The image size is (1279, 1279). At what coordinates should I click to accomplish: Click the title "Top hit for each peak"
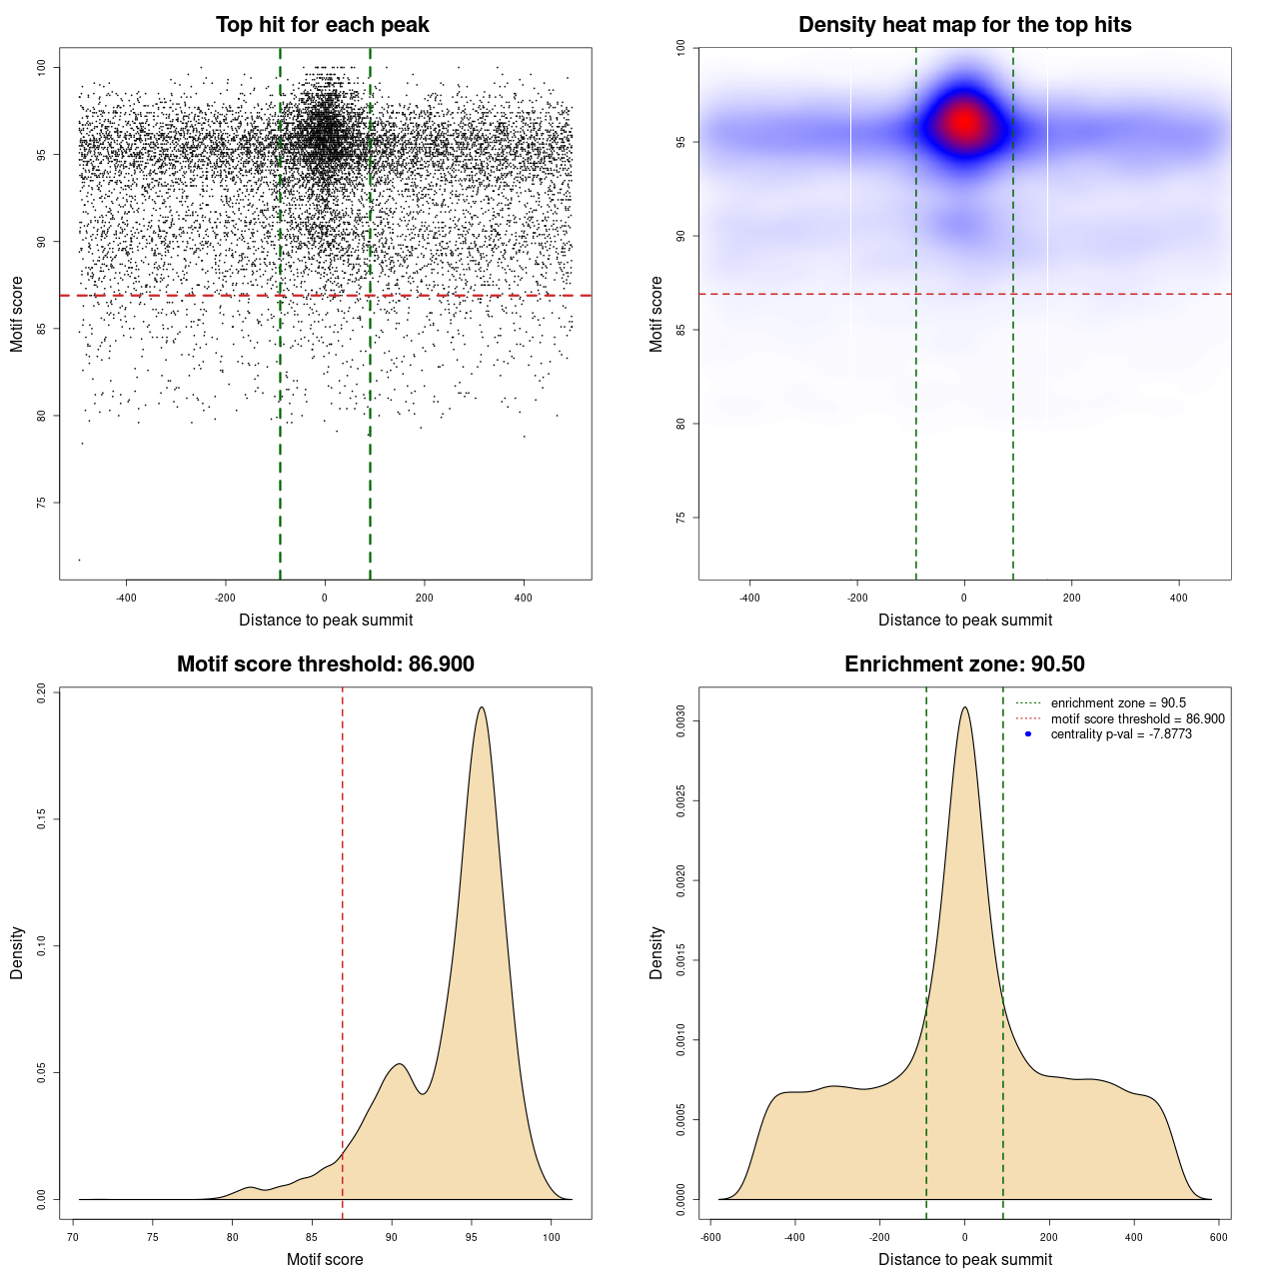[x=322, y=25]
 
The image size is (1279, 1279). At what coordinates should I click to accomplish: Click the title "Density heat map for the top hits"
[x=964, y=25]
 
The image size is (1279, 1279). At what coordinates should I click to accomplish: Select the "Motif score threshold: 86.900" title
[x=325, y=664]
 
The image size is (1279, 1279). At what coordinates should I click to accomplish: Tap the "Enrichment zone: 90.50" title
[x=964, y=664]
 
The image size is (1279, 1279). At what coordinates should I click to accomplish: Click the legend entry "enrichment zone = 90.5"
[x=1118, y=703]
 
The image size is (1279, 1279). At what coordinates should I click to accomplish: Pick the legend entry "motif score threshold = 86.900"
[x=1137, y=719]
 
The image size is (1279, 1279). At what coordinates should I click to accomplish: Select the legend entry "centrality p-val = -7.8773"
[x=1121, y=734]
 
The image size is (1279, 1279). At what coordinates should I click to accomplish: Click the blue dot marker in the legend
[x=1028, y=734]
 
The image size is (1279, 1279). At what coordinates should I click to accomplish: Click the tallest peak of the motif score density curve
[x=482, y=707]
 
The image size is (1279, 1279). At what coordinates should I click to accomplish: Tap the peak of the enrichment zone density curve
[x=964, y=707]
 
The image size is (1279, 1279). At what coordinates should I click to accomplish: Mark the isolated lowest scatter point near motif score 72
[x=79, y=560]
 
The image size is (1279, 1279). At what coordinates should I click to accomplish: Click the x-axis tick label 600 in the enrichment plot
[x=1218, y=1237]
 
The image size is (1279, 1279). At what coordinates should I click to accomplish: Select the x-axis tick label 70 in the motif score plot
[x=73, y=1237]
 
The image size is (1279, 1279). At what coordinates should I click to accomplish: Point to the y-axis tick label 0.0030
[x=679, y=720]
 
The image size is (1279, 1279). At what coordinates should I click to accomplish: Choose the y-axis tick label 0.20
[x=41, y=692]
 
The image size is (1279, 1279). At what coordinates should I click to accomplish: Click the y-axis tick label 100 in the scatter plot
[x=41, y=67]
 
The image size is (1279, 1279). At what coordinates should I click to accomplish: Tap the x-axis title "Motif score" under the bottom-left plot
[x=325, y=1259]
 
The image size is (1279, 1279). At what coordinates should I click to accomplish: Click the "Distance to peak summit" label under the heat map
[x=964, y=621]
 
